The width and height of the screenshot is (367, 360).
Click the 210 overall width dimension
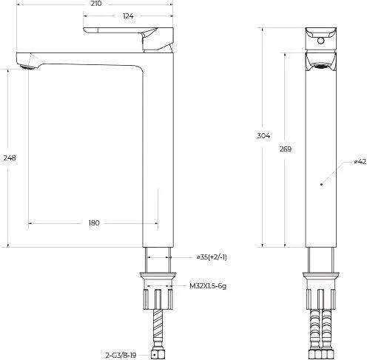(95, 4)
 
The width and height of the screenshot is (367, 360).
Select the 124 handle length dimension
(128, 16)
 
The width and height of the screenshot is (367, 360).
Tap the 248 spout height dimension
(10, 157)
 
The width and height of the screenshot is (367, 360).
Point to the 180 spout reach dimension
(94, 223)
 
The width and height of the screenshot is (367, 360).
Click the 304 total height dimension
(263, 135)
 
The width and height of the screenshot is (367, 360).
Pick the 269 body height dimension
(286, 149)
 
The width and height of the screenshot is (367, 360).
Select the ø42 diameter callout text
(360, 162)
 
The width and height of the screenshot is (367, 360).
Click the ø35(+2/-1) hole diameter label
(212, 257)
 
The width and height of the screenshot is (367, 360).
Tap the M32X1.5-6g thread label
(208, 286)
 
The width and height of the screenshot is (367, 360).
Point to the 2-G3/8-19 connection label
(121, 356)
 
